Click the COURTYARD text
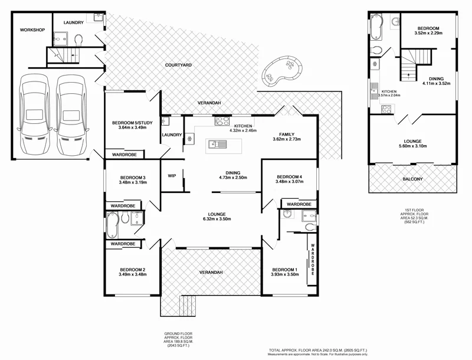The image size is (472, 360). [x=176, y=64]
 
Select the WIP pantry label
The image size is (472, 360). [x=172, y=175]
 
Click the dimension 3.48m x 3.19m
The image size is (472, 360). [x=132, y=182]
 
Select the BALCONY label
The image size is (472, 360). [x=412, y=178]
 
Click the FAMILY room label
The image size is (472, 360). [x=287, y=134]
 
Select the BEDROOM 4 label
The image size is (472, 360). [x=289, y=176]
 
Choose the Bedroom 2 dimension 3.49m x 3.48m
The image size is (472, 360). [x=132, y=275]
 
